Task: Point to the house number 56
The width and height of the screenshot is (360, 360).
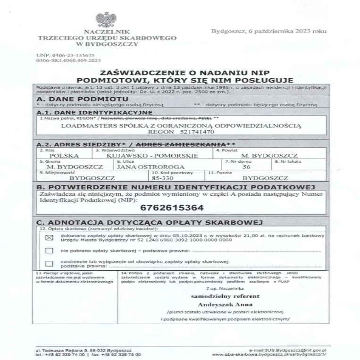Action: [245, 167]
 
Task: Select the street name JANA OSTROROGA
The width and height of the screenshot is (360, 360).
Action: [142, 167]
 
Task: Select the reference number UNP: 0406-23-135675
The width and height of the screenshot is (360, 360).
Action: [61, 55]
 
